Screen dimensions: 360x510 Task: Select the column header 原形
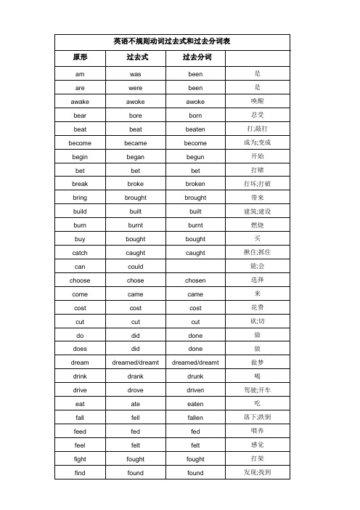pos(80,57)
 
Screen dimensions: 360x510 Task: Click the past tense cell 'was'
pos(135,74)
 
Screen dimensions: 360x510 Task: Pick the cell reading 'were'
pos(135,88)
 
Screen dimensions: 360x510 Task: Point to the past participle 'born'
pos(196,116)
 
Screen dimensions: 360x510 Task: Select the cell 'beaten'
pos(196,129)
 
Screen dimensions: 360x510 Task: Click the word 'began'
pos(135,157)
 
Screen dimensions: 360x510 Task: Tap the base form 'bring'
pos(80,198)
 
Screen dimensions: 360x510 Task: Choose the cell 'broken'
pos(196,185)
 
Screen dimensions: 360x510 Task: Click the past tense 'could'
pos(135,267)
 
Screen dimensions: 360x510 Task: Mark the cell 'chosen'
pos(196,280)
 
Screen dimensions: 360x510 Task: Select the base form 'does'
pos(80,349)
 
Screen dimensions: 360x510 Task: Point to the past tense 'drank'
pos(135,376)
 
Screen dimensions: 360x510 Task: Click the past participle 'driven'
pos(196,390)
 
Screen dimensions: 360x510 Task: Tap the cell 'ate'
pos(135,404)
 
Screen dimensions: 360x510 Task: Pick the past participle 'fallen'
pos(196,418)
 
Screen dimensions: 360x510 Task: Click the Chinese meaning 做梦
pos(258,363)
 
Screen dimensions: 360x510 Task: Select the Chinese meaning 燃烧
pos(258,225)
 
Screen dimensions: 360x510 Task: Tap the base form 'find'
pos(80,473)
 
